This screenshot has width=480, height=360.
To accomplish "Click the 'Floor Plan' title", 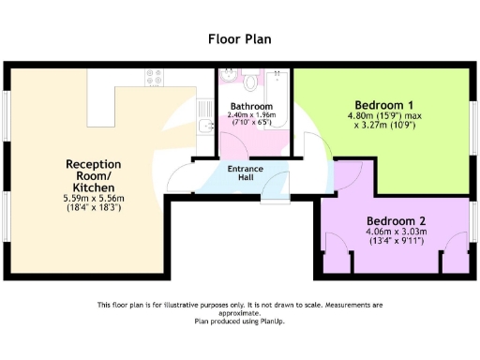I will [239, 39].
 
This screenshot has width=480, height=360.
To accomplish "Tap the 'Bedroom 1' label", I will [384, 105].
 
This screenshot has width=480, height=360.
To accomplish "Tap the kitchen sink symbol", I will [205, 122].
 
